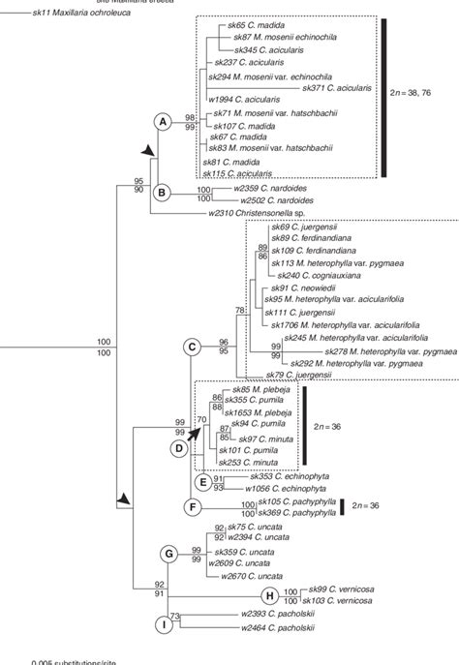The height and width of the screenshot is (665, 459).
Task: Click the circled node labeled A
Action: point(163,121)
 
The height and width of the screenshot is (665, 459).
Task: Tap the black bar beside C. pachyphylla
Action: point(343,507)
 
